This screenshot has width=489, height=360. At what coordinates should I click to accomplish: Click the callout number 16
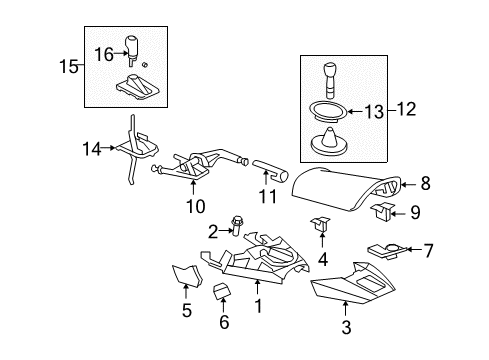(103, 52)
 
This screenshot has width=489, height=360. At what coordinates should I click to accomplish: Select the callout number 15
(66, 67)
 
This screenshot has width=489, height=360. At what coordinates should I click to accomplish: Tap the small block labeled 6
(223, 290)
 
